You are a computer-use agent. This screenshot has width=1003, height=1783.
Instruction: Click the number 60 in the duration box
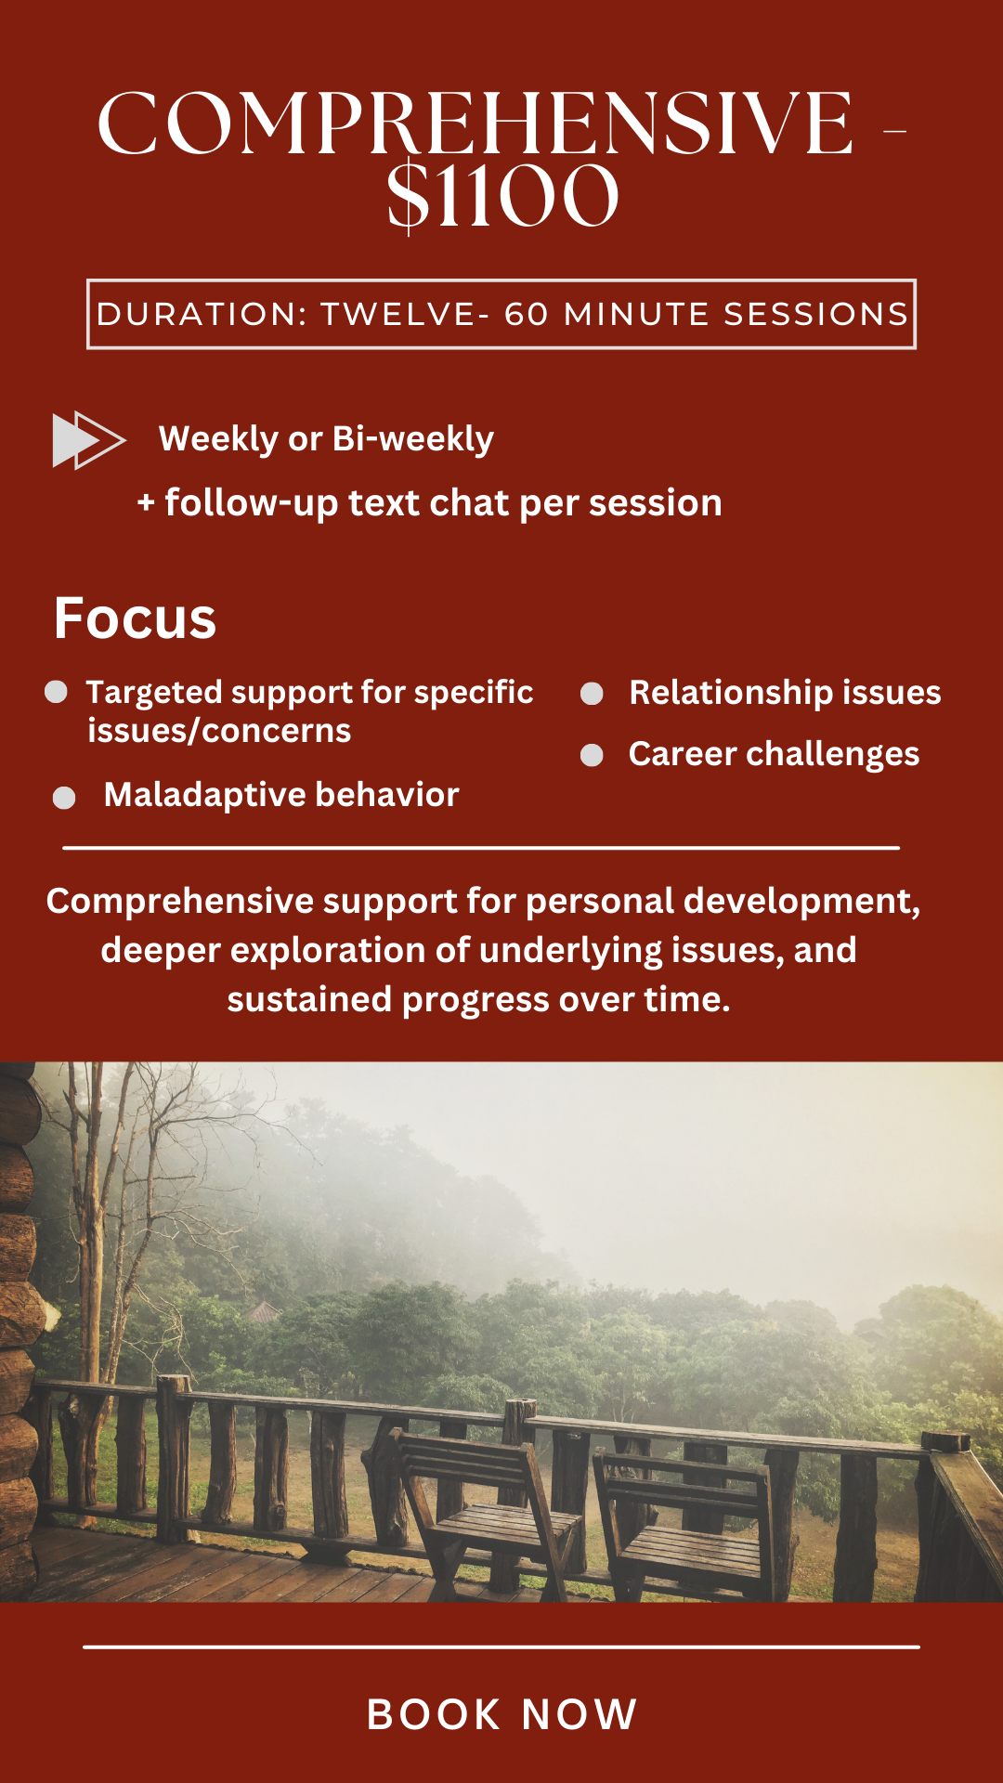point(527,314)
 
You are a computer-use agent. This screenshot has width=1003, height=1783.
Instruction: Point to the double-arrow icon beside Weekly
point(88,439)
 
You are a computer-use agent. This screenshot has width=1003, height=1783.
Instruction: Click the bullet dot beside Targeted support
point(57,692)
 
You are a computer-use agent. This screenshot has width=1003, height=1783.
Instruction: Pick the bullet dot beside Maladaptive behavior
point(64,798)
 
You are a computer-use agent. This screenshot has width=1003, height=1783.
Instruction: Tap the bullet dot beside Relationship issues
point(592,694)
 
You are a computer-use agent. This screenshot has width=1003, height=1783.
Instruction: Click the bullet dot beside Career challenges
point(592,755)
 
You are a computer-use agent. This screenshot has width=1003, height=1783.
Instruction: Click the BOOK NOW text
point(502,1714)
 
